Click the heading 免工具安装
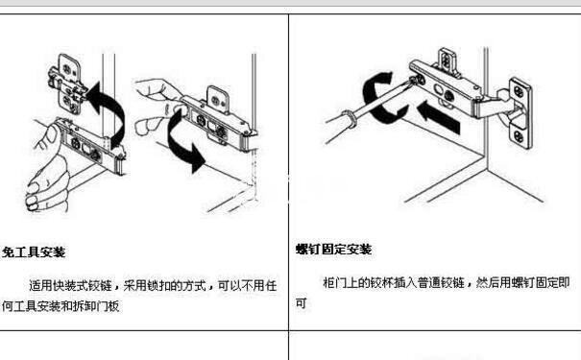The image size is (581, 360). [34, 252]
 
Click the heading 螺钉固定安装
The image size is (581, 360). [334, 250]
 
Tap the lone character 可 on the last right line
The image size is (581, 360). [301, 303]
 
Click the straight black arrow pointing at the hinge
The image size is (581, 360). [438, 117]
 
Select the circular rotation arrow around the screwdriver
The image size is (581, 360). [371, 97]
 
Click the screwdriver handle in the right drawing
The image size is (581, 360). [340, 126]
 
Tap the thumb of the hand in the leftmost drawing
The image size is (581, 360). [51, 136]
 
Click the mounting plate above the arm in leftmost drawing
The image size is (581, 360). [68, 84]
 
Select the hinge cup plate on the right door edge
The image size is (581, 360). [520, 113]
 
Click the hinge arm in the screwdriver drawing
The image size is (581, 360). [445, 88]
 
